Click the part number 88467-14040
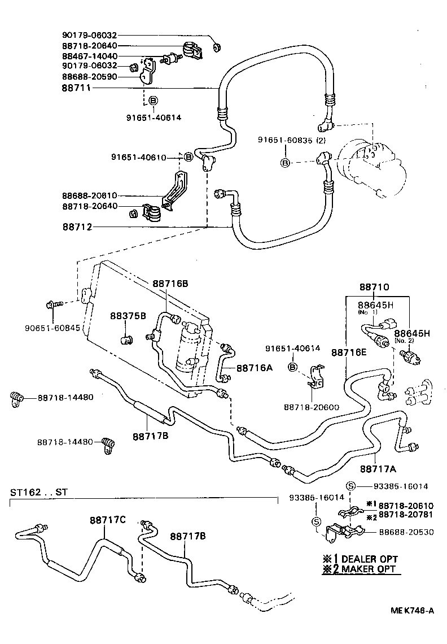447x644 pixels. tap(89, 56)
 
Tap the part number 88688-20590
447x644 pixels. tap(89, 76)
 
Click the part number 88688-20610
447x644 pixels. tap(89, 195)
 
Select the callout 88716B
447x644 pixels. tap(169, 284)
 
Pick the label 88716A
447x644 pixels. tap(254, 368)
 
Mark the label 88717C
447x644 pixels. tap(107, 520)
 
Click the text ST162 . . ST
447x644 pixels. tap(38, 492)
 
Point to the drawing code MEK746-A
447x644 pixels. tap(413, 610)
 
